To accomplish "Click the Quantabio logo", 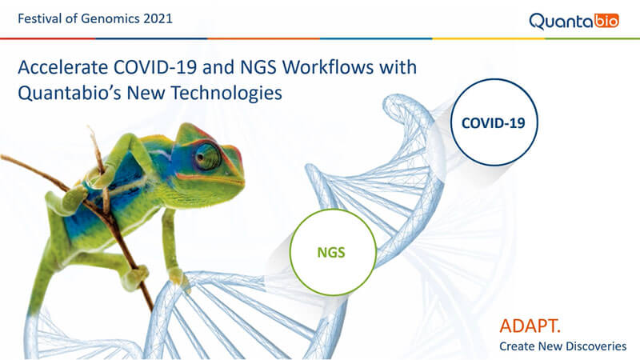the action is (574, 22).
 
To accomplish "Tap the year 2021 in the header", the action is (158, 18).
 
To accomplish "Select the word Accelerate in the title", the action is (63, 67).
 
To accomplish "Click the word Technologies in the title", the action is (226, 93).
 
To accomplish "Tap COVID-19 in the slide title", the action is (155, 67).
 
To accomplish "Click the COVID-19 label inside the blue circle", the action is (494, 123).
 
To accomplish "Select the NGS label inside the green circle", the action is (331, 253).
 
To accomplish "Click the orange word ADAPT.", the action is (530, 326).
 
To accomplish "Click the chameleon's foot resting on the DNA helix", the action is (178, 278).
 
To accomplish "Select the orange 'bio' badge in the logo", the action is (606, 21).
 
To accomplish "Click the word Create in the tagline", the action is (517, 346).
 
